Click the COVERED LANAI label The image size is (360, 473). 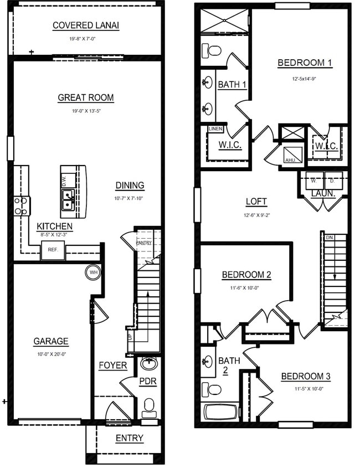coord(86,25)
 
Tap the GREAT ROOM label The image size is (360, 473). coord(86,98)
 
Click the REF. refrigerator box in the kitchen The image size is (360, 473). coord(53,250)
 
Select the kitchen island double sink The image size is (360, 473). coord(68,199)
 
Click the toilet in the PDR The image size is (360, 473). coord(149,407)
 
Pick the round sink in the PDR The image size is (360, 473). coord(148,364)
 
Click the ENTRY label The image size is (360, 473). coord(130,439)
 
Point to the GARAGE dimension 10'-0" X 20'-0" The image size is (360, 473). coord(50,354)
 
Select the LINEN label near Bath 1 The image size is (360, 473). coord(215,129)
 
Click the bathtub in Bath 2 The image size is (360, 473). coord(220,412)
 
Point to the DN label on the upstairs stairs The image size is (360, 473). coord(329,237)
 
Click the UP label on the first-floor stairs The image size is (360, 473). coord(130,337)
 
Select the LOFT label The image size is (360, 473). coord(255,202)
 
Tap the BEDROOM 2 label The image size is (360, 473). coord(246,275)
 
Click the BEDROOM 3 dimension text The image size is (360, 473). coord(306,388)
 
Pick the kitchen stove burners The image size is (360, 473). coord(22,206)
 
